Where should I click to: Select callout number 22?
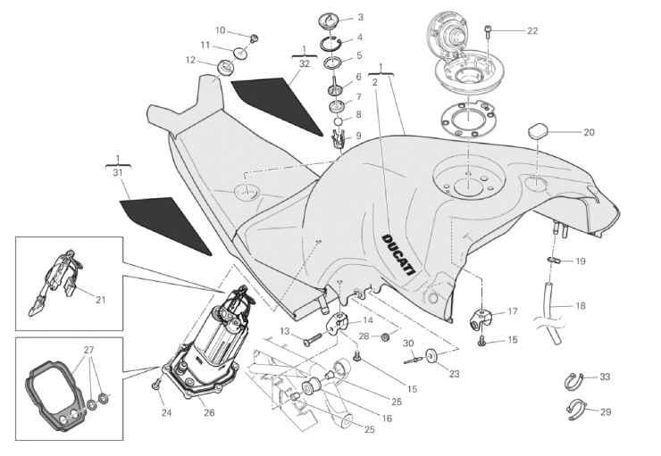pyautogui.click(x=532, y=30)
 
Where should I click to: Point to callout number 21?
pyautogui.click(x=100, y=300)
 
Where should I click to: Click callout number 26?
pyautogui.click(x=209, y=412)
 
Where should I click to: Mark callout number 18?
pyautogui.click(x=581, y=306)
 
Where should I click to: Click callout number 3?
pyautogui.click(x=360, y=17)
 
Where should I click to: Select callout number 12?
pyautogui.click(x=190, y=60)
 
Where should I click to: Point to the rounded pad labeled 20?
pyautogui.click(x=538, y=130)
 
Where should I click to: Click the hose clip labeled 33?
pyautogui.click(x=577, y=379)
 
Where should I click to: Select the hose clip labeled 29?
pyautogui.click(x=577, y=410)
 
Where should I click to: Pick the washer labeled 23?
pyautogui.click(x=432, y=355)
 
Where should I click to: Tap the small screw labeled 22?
pyautogui.click(x=488, y=31)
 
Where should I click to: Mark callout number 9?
pyautogui.click(x=360, y=135)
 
